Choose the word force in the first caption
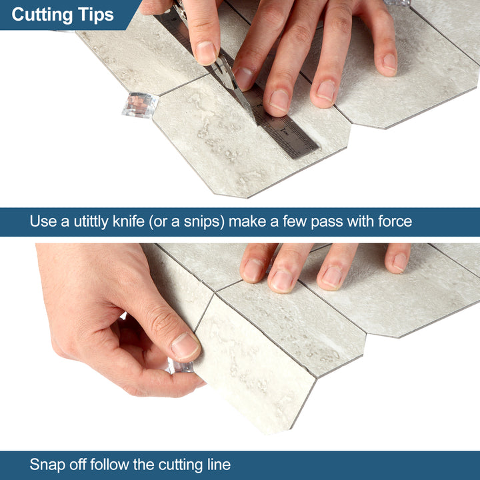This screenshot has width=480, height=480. (393, 221)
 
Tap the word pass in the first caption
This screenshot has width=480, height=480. (312, 221)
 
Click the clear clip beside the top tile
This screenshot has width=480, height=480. (140, 105)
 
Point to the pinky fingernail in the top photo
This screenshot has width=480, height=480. (388, 63)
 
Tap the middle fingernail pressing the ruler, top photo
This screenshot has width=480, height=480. (278, 100)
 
